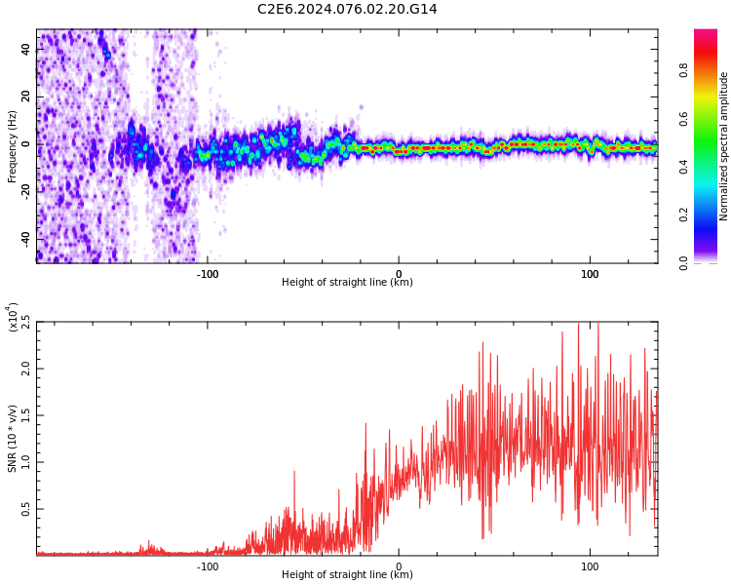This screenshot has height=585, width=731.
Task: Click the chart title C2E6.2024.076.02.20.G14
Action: coord(347,9)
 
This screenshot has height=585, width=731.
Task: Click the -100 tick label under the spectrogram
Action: coord(207,274)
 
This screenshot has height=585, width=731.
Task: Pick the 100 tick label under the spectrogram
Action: coord(589,274)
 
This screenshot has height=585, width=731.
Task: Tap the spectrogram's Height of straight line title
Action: coord(347,283)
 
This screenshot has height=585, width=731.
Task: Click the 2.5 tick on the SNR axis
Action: coord(25,323)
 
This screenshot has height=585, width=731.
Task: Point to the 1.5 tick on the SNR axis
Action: coord(25,415)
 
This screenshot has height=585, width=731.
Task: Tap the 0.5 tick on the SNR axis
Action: coord(25,509)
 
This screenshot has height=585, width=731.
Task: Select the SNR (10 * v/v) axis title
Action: coord(12,439)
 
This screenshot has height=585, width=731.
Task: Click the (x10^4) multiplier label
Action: coord(13,318)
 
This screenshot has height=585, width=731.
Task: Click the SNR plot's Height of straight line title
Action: coord(347,575)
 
